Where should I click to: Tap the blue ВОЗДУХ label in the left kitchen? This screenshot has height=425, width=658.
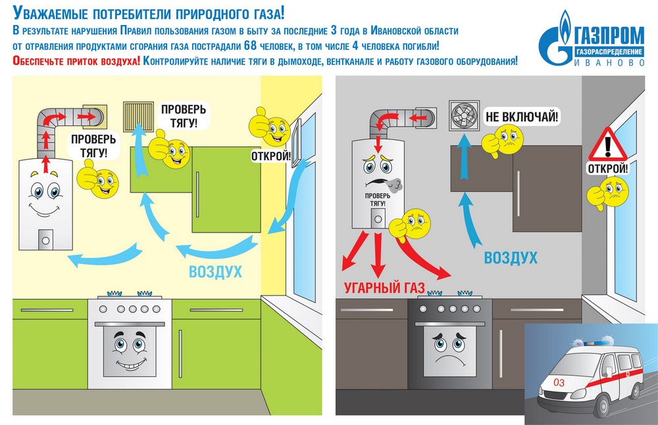click(215, 271)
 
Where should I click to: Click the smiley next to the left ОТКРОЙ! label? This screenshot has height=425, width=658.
click(267, 127)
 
